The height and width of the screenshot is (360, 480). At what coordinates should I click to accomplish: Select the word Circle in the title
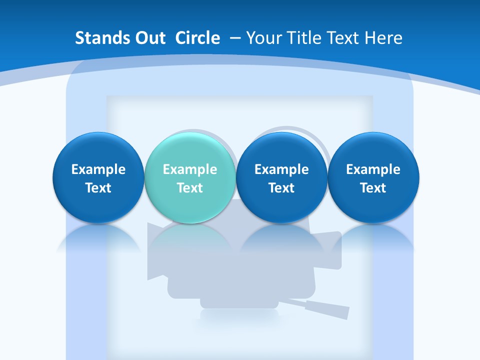pos(197,38)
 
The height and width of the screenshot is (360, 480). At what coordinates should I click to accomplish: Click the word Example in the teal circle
pos(189,169)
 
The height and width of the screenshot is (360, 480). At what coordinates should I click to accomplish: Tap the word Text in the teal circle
pos(189,188)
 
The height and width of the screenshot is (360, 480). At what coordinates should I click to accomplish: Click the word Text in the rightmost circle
pos(373,188)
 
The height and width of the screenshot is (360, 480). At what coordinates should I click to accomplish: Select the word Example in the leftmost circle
pos(98,169)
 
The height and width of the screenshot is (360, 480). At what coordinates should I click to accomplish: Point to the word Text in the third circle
pos(281,188)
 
